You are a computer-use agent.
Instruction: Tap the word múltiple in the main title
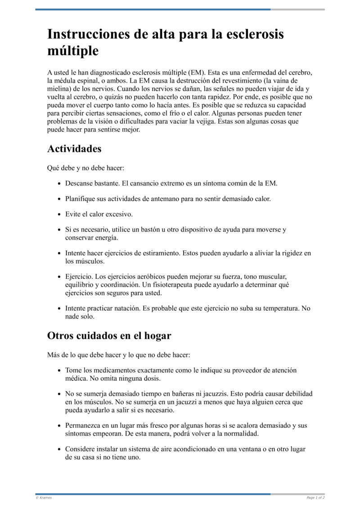[73, 51]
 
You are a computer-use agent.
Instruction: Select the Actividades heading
[74, 149]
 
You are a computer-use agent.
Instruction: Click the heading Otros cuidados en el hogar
[109, 336]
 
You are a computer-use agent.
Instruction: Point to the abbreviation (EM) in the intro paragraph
[196, 72]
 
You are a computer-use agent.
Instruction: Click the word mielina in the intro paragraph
[58, 89]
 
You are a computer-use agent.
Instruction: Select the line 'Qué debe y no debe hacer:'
[85, 168]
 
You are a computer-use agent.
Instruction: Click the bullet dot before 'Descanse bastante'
[60, 184]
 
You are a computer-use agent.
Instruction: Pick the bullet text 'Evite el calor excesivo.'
[99, 214]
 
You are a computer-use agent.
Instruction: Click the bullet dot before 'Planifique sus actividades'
[60, 199]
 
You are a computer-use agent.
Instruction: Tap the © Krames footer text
[44, 498]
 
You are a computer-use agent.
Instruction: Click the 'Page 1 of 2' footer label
[315, 498]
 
